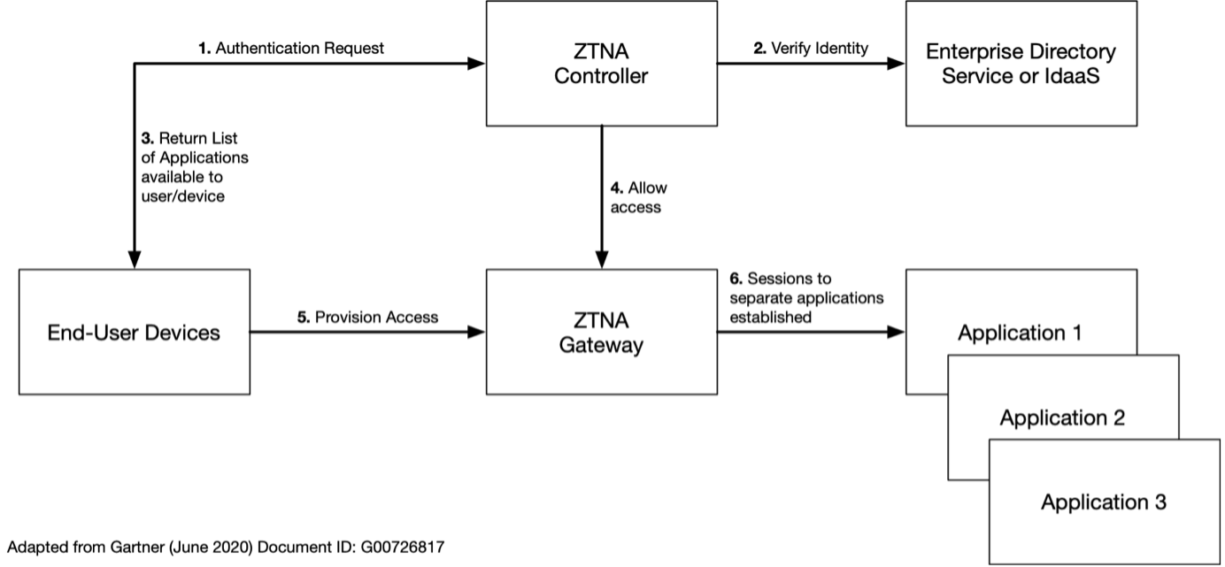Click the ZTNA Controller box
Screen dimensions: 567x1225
coord(601,64)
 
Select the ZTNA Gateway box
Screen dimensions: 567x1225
coord(601,332)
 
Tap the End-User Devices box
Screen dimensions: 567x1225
coord(134,333)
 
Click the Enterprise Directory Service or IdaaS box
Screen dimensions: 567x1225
coord(1021,64)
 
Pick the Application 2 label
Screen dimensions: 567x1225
coord(1062,418)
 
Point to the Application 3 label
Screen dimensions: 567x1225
coord(1103,502)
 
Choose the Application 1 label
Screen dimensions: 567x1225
coord(1021,334)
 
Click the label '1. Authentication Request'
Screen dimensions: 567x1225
coord(291,49)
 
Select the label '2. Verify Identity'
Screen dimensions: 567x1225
coord(812,49)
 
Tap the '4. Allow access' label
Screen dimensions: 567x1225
coord(638,198)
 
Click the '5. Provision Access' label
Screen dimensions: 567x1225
coord(367,317)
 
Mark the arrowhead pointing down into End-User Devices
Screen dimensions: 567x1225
coord(134,261)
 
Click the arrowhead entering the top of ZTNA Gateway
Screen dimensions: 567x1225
coord(601,261)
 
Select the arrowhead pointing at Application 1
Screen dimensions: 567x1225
coord(897,333)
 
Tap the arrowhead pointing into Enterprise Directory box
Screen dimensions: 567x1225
coord(897,64)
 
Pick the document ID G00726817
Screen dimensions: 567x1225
coord(404,548)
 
